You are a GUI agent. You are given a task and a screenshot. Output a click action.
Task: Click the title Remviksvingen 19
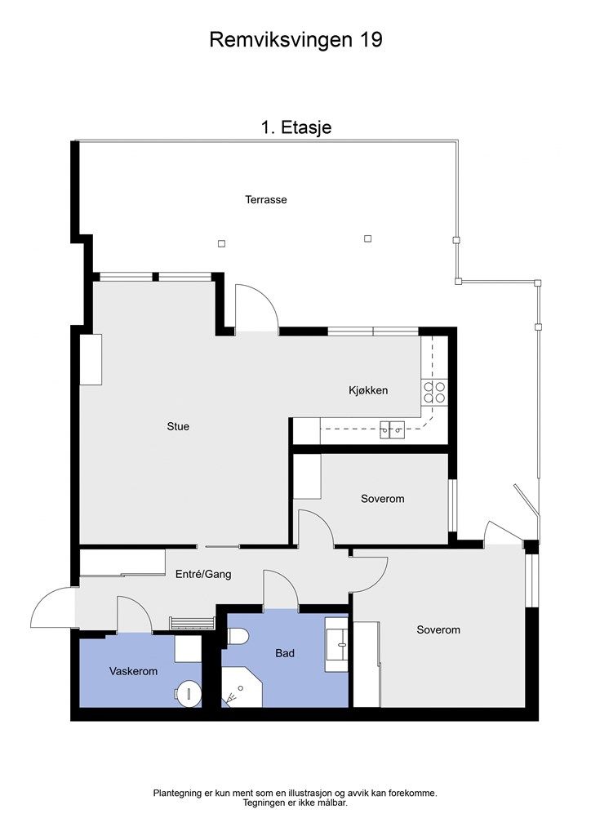point(295,40)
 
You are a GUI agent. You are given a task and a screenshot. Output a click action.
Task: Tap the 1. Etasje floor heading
point(296,127)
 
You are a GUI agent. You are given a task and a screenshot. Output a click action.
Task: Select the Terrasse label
point(266,200)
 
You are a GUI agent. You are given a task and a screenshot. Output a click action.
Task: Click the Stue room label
point(178,426)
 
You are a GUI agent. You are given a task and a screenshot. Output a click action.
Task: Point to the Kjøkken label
point(368,390)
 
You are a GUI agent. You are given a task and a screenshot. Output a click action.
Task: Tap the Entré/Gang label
point(203,574)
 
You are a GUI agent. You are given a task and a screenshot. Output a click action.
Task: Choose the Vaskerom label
point(133,671)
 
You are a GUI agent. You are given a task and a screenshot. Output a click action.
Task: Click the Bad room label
point(285,653)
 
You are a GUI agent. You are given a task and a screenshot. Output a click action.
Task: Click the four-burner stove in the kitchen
point(434,393)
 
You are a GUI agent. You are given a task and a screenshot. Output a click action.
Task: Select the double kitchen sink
point(392,429)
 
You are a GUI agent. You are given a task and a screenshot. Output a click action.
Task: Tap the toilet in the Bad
point(238,636)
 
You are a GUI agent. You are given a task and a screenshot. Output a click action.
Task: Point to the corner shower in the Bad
point(242,687)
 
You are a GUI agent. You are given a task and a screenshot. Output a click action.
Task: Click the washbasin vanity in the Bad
point(336,643)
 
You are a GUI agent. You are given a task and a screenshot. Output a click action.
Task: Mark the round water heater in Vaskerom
point(188,693)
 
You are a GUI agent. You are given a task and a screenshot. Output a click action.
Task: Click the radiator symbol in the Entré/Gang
point(193,623)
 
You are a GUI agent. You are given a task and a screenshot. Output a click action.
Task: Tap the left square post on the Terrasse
point(222,243)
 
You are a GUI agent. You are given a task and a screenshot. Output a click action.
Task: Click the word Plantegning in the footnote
point(175,794)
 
